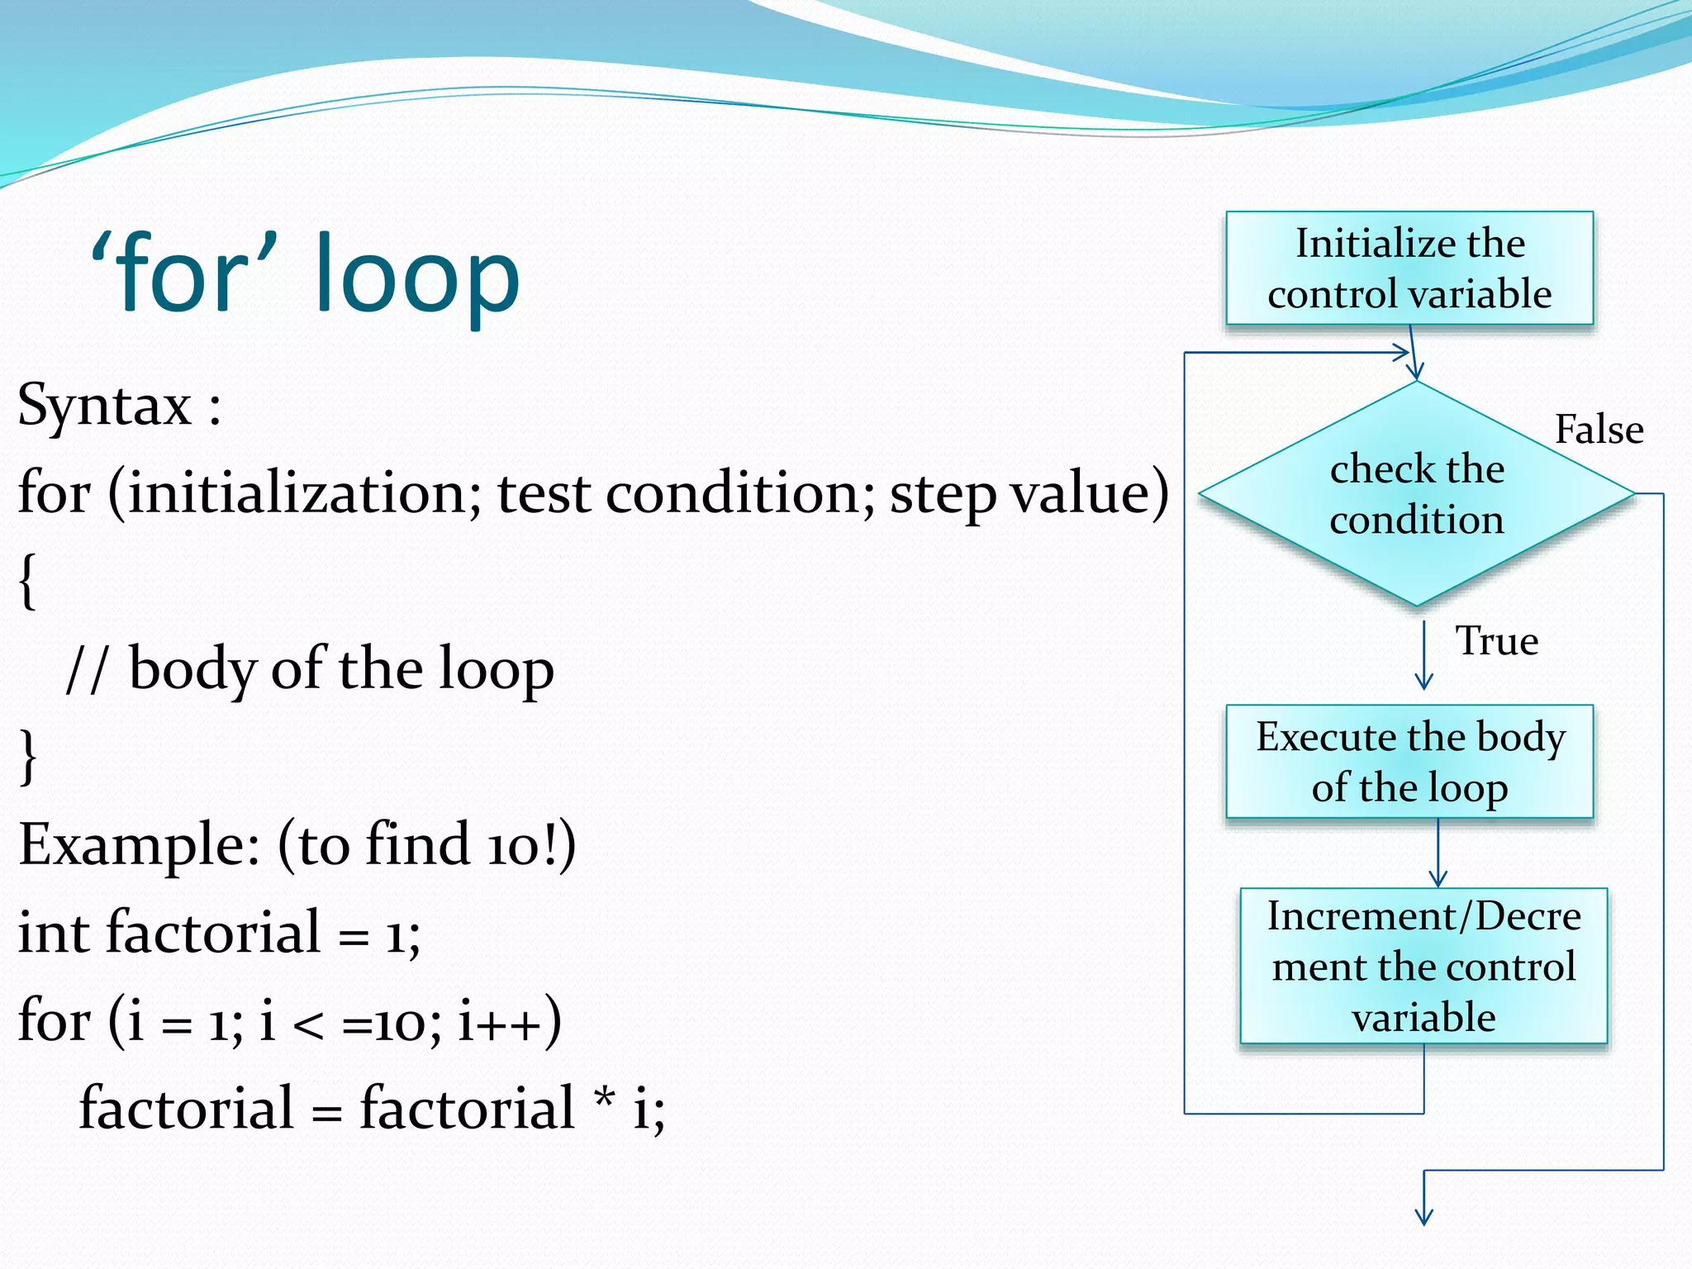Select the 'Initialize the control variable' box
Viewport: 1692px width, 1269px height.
tap(1409, 269)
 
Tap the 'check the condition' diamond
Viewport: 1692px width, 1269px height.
tap(1417, 494)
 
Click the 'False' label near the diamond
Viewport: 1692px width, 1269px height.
tap(1599, 430)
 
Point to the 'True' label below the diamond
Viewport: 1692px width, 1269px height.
tap(1496, 641)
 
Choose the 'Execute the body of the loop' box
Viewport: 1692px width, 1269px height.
tap(1409, 761)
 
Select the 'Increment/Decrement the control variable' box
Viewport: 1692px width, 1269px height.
tap(1423, 966)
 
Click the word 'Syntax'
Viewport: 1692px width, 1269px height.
tap(104, 406)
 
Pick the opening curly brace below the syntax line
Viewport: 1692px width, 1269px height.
tap(27, 581)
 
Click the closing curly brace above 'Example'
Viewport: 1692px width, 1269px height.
tap(27, 756)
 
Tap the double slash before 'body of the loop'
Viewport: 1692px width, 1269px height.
tap(87, 668)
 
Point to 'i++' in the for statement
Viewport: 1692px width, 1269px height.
tap(499, 1021)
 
